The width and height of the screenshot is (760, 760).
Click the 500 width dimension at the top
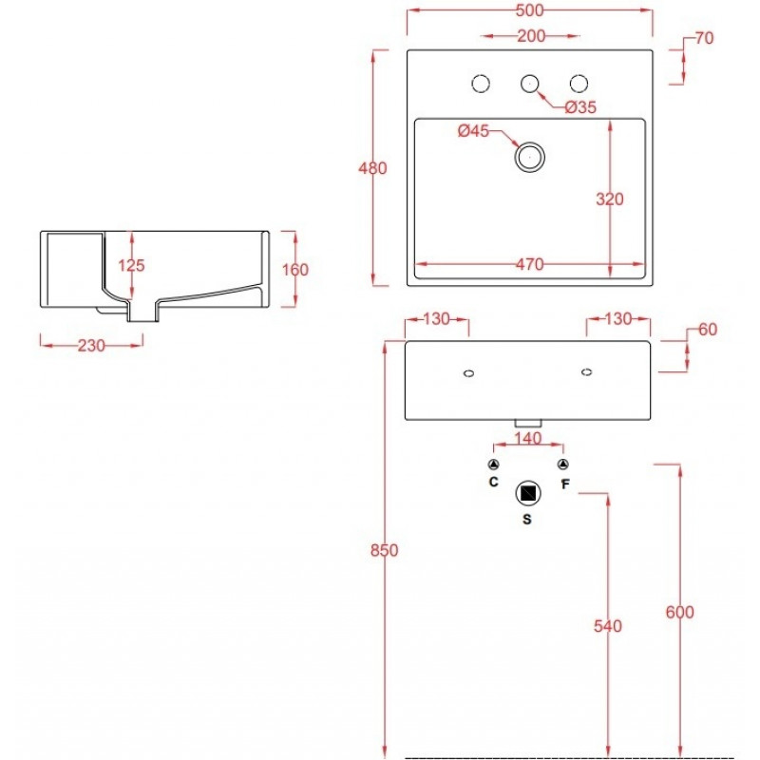(530, 10)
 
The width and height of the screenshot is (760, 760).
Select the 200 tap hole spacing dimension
(531, 36)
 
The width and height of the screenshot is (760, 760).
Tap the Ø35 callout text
(580, 107)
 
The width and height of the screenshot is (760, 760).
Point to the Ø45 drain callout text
(473, 130)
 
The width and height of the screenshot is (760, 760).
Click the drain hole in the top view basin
(530, 157)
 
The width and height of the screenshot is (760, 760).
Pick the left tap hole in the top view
(481, 84)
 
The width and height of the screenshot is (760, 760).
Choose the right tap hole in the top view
(579, 84)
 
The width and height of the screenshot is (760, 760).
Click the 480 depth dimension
(372, 168)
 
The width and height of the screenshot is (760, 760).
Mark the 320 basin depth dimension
(610, 199)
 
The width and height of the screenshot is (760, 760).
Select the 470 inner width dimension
(530, 265)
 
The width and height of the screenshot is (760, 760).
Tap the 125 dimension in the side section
(131, 265)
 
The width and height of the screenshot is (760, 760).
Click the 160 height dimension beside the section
(295, 270)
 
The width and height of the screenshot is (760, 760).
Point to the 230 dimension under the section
(91, 346)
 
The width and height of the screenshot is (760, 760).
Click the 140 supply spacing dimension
(528, 439)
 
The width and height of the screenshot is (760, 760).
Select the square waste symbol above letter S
(528, 493)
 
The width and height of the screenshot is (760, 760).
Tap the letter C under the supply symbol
(493, 482)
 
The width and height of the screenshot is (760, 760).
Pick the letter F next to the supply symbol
(565, 484)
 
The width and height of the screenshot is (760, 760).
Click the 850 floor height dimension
(385, 551)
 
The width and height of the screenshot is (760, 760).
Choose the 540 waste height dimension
(608, 626)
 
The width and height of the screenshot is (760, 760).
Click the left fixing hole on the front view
(468, 373)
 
